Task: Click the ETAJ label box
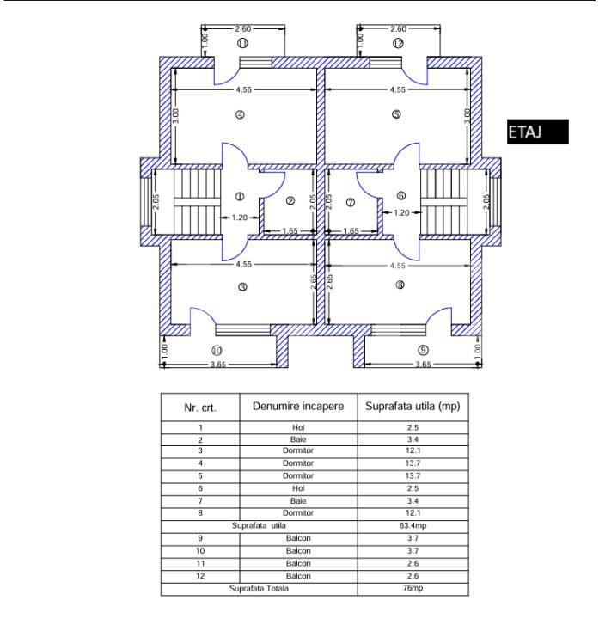point(537,132)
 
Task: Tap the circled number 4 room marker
point(240,115)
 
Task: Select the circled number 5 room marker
point(396,114)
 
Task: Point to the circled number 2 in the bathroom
point(290,201)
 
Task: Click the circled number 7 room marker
point(351,203)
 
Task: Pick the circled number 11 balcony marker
point(242,43)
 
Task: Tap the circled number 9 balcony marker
point(423,350)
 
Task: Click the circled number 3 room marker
point(242,287)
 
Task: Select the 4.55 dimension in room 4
point(243,89)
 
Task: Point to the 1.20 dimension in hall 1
point(240,218)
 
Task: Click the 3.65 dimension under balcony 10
point(217,364)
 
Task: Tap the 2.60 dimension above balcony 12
point(398,29)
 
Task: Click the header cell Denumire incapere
point(298,407)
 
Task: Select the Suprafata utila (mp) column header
point(412,407)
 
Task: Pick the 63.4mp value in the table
point(412,526)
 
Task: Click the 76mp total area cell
point(412,588)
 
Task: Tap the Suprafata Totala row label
point(259,589)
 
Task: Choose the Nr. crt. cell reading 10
point(200,551)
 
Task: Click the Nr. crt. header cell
point(200,408)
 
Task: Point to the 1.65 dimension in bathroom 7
point(351,231)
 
